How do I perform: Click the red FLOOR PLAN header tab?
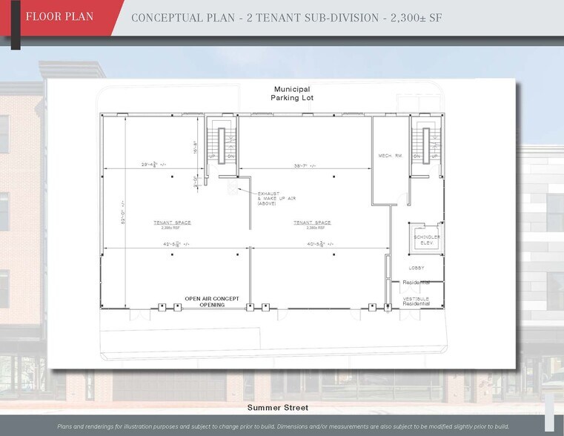(x=59, y=17)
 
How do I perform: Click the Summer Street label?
(x=278, y=408)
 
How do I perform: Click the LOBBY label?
(x=416, y=268)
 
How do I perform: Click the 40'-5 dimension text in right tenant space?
(x=319, y=243)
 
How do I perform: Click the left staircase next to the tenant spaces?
(x=220, y=141)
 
